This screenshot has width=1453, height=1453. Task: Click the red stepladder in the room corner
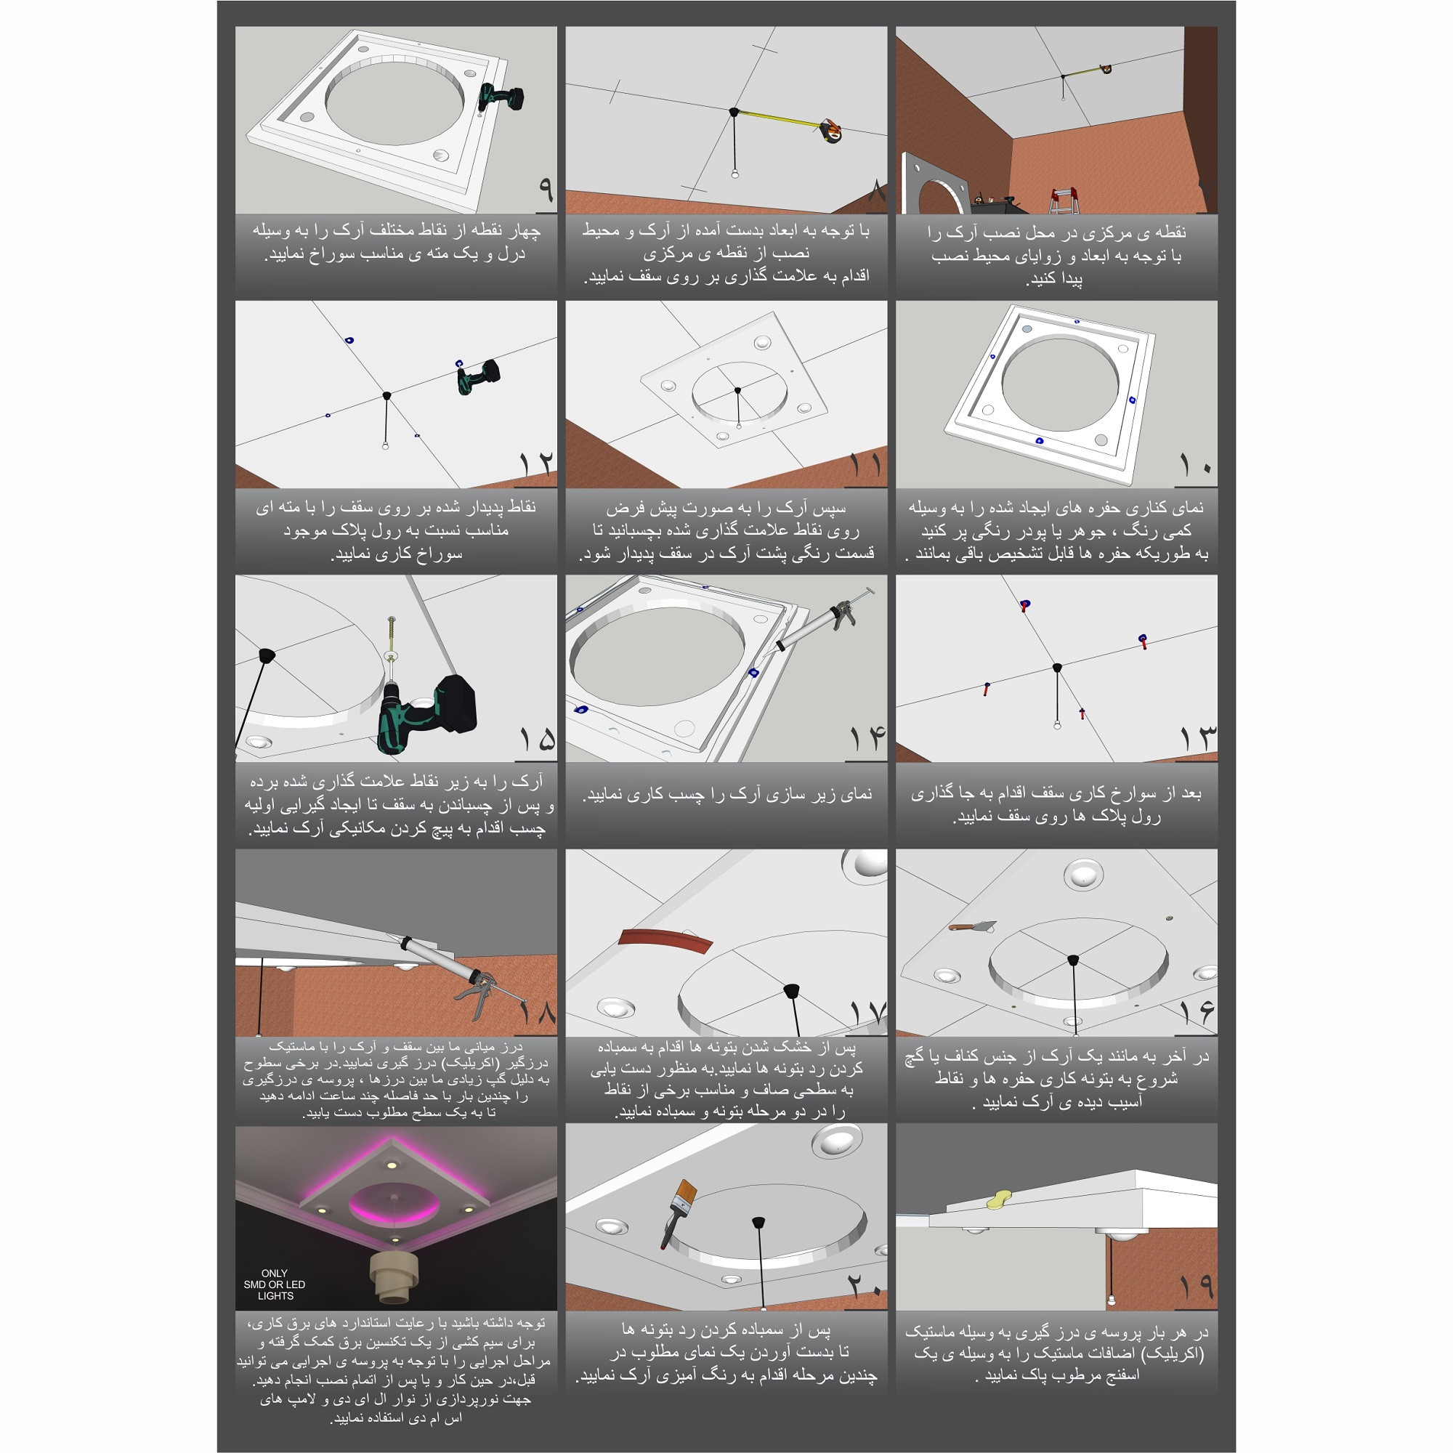[1065, 200]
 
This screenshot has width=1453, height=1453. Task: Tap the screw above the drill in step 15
[392, 636]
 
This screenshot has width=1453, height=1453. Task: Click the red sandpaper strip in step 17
[665, 940]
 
